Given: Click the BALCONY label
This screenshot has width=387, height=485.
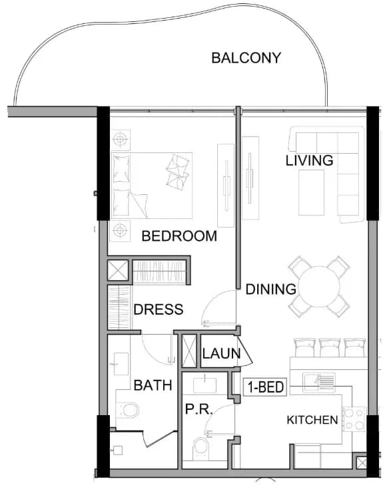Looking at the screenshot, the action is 246,58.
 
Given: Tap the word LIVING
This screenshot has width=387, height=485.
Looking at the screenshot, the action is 309,160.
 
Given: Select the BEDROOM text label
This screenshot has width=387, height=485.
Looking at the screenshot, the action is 179,236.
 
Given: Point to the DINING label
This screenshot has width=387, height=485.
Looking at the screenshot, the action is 271,289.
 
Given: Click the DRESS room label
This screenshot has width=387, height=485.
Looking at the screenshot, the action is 159,309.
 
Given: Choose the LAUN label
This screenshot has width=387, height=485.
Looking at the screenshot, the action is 221,353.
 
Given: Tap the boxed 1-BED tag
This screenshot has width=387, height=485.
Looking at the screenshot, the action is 265,387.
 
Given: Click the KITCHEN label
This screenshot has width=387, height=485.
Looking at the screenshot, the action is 312,420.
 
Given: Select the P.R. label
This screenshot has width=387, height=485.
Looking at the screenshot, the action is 198,409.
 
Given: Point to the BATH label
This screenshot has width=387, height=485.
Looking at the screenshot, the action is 153,385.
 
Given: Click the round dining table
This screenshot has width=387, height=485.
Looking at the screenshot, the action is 319,287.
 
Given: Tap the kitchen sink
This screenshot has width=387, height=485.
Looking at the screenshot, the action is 319,383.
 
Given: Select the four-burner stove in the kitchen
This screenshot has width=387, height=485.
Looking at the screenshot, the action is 354,419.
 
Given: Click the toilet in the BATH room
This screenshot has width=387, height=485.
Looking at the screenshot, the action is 128,410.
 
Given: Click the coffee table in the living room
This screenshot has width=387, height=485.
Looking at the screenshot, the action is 311,192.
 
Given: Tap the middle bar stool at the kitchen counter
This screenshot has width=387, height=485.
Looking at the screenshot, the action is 330,347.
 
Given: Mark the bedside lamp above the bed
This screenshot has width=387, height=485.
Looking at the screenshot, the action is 120,140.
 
